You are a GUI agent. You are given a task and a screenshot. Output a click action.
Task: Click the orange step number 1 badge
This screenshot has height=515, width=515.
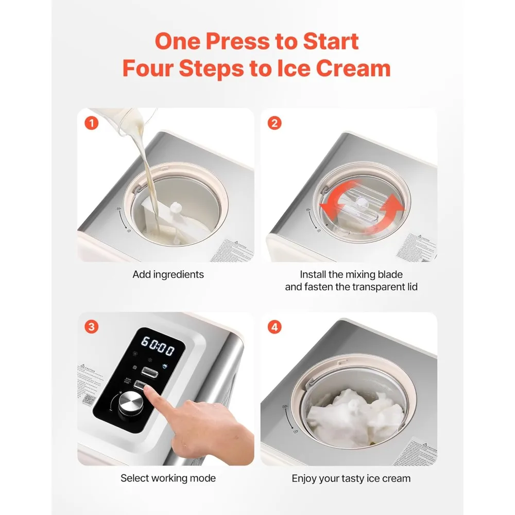tap(91, 123)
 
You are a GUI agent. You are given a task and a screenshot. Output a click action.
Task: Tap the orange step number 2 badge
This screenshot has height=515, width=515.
tap(275, 123)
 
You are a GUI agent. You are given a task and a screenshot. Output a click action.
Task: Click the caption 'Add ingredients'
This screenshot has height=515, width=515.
tap(168, 274)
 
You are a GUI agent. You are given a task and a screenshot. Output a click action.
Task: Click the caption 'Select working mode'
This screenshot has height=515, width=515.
tap(168, 478)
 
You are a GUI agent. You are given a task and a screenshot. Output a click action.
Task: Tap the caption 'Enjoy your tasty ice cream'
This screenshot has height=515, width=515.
tap(351, 478)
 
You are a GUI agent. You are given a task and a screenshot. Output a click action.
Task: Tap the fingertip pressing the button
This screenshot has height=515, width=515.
tap(150, 392)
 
